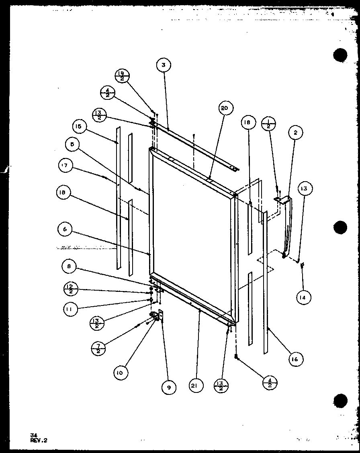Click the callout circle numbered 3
point(164,65)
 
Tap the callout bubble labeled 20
point(226,108)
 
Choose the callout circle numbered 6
point(65,229)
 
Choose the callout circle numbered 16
point(295,359)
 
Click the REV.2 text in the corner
point(39,440)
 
